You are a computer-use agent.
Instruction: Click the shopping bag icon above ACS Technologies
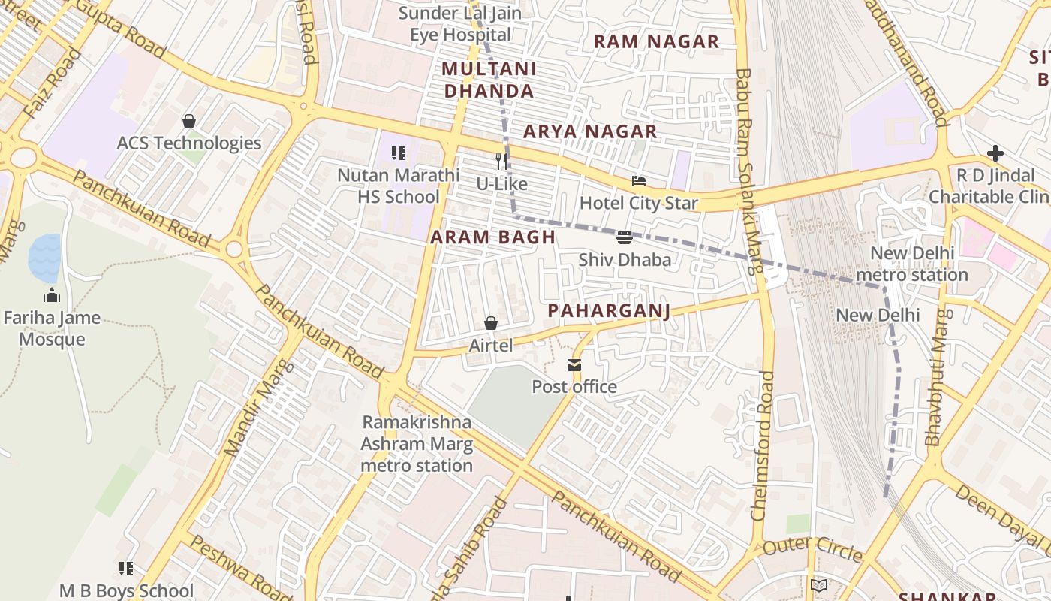(x=189, y=121)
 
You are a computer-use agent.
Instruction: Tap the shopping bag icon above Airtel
(x=491, y=323)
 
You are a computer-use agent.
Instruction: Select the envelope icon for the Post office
(x=574, y=365)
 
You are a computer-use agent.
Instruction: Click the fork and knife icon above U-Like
(x=501, y=161)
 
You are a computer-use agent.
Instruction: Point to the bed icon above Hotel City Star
(x=639, y=181)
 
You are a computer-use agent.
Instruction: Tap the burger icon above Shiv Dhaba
(x=624, y=238)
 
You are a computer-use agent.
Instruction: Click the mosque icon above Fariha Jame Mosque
(x=52, y=295)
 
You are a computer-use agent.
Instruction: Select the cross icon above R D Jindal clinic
(x=995, y=153)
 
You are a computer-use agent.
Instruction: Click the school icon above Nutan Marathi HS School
(x=399, y=153)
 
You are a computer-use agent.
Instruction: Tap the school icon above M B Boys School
(x=126, y=569)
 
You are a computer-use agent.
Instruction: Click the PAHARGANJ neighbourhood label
(x=608, y=310)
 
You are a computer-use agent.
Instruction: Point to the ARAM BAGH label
(x=492, y=237)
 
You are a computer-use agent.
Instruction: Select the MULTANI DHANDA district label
(x=489, y=80)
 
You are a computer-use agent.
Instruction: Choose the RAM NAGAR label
(x=656, y=41)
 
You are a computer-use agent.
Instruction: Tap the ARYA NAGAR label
(x=590, y=132)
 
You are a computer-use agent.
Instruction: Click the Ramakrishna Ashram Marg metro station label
(x=417, y=444)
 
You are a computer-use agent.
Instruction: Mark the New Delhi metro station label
(x=912, y=264)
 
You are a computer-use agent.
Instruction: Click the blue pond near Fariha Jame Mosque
(x=44, y=258)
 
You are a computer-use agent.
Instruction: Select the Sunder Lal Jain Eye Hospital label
(x=460, y=24)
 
